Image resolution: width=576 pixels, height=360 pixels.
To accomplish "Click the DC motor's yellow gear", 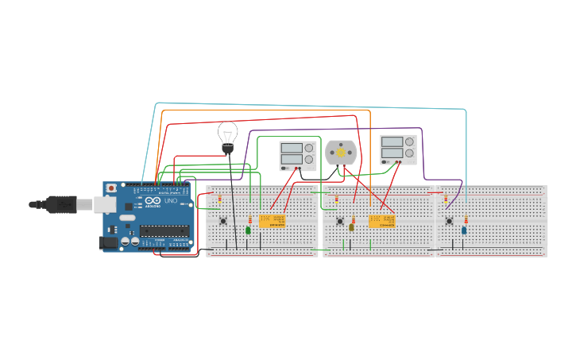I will (x=342, y=152).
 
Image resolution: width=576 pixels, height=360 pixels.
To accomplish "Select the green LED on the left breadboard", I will (x=248, y=230).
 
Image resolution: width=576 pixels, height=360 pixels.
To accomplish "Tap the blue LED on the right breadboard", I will (x=464, y=230).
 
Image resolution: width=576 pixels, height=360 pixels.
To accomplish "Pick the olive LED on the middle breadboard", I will (x=351, y=227).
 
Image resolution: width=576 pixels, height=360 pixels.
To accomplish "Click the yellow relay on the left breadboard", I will (x=272, y=221).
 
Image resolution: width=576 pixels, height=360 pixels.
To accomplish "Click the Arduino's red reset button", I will (x=111, y=188).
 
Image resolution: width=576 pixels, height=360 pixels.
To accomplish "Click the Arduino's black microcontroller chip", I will (x=165, y=231).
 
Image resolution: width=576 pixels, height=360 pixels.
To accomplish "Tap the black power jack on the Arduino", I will (x=108, y=243).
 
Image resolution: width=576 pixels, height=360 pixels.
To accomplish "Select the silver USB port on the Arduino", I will (x=105, y=204).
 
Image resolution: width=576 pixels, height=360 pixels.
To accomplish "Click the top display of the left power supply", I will (x=290, y=148).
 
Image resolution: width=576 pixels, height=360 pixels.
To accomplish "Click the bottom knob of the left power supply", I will (x=309, y=160).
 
